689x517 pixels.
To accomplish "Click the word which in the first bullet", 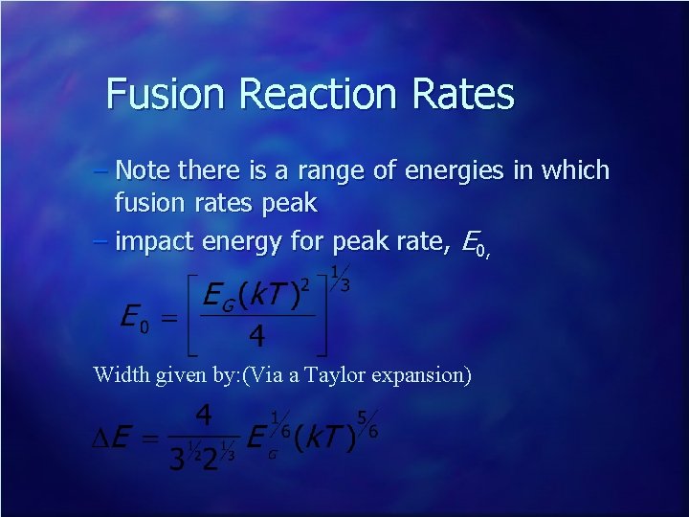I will pyautogui.click(x=573, y=171).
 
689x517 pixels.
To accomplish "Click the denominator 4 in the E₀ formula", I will pyautogui.click(x=256, y=338).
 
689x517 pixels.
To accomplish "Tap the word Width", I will pyautogui.click(x=120, y=374).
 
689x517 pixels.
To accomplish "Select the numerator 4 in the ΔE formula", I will pyautogui.click(x=203, y=417).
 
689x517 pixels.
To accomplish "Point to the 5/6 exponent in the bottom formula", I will pyautogui.click(x=366, y=424).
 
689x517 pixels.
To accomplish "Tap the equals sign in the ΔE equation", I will pyautogui.click(x=147, y=439).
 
